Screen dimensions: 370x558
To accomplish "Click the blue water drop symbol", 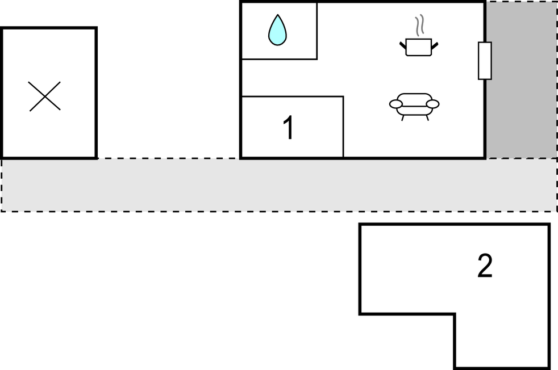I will [x=277, y=31].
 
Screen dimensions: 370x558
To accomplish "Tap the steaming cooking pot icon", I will [x=419, y=47].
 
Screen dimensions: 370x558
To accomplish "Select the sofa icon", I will [x=414, y=104].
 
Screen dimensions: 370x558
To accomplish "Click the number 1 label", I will [x=289, y=128].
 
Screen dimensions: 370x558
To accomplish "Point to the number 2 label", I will [x=485, y=266].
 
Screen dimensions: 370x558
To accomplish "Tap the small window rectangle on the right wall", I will [x=485, y=61].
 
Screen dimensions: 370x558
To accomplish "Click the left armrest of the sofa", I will [x=396, y=104].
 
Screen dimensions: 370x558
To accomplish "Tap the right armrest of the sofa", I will [x=433, y=104].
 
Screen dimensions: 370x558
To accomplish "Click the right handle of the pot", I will [x=435, y=44].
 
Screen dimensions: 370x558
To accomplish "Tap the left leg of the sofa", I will [x=403, y=117].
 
